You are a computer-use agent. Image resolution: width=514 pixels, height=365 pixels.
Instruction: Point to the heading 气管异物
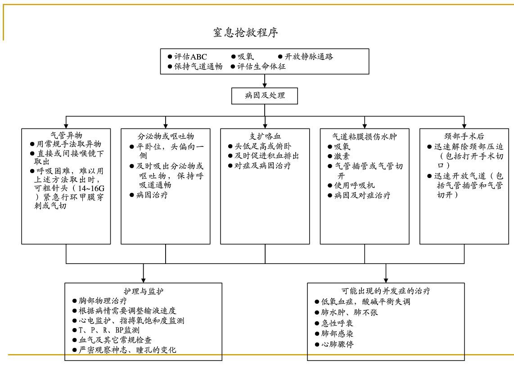(x=66, y=135)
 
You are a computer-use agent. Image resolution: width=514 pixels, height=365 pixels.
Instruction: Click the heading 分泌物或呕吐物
(x=166, y=136)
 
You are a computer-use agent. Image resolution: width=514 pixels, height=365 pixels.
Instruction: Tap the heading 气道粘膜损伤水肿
(x=365, y=136)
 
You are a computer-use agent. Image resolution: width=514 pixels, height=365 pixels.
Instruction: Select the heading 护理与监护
(x=144, y=291)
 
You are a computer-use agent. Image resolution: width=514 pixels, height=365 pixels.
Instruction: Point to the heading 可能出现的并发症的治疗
(x=386, y=291)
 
